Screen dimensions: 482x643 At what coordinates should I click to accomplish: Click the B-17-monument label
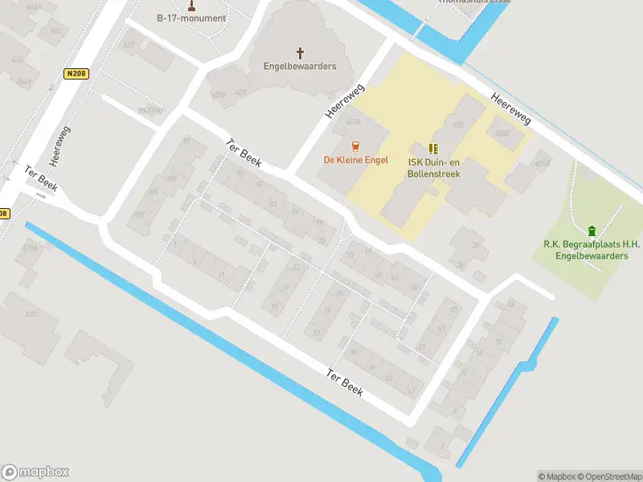pos(191,18)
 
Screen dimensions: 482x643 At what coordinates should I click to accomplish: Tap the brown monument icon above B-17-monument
pos(191,6)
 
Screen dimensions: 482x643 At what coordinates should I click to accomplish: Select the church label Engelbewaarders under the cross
pos(301,66)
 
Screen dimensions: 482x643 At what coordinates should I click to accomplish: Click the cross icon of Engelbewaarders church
pos(301,53)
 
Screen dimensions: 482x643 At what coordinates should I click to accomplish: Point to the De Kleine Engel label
pos(356,160)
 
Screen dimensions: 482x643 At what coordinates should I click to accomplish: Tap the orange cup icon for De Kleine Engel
pos(355,145)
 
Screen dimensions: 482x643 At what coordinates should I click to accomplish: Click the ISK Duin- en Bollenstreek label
pos(434,166)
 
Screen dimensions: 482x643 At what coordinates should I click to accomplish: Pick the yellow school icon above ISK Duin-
pos(434,149)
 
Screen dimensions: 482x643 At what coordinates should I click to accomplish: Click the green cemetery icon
pos(593,231)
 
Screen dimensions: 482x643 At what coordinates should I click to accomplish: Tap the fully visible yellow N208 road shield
pos(75,74)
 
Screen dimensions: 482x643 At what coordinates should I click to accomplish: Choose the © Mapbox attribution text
pos(555,476)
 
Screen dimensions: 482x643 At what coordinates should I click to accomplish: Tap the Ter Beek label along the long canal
pos(345,383)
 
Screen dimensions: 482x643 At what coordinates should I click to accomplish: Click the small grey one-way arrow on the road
pos(41,195)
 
